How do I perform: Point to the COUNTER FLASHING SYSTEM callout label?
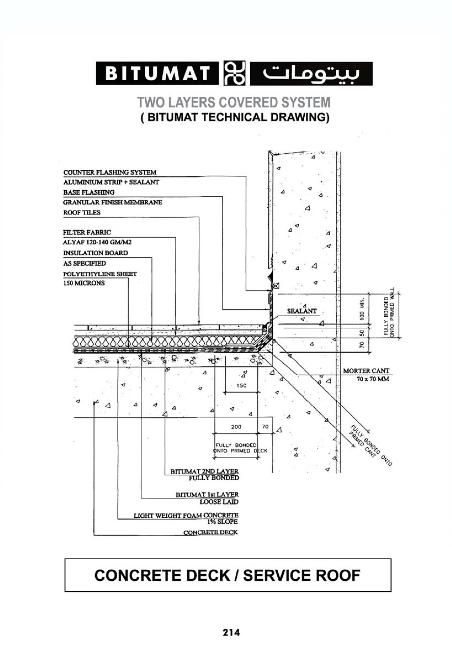tap(110, 172)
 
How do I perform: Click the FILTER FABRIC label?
tap(87, 232)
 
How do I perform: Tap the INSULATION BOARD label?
tap(95, 253)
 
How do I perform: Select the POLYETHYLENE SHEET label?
tap(100, 274)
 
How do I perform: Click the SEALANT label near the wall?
tap(302, 311)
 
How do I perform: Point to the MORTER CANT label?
tap(366, 371)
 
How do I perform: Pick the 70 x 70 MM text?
tap(373, 379)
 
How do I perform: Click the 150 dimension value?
tap(241, 385)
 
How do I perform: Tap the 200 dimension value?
tap(236, 427)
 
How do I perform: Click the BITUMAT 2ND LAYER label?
tap(205, 471)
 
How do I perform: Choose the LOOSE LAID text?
tap(219, 502)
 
